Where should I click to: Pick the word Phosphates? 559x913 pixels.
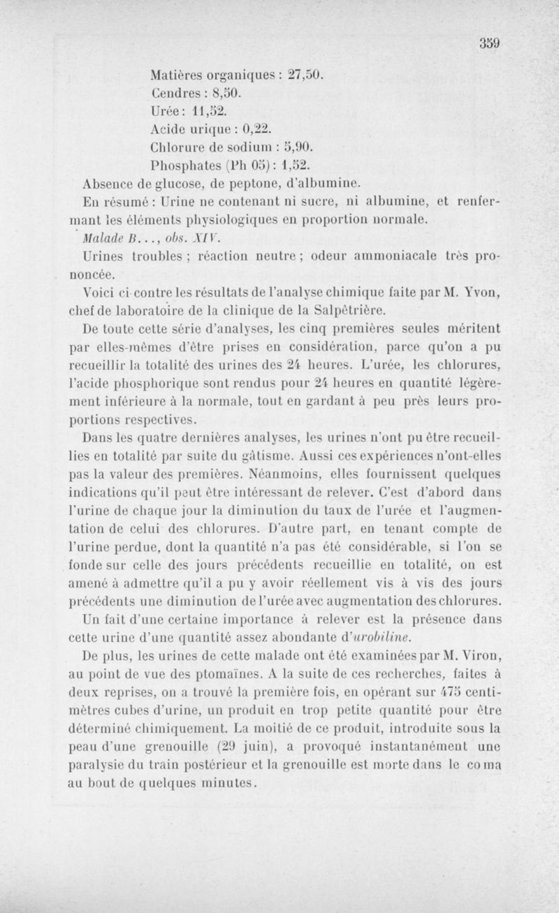coord(184,166)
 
